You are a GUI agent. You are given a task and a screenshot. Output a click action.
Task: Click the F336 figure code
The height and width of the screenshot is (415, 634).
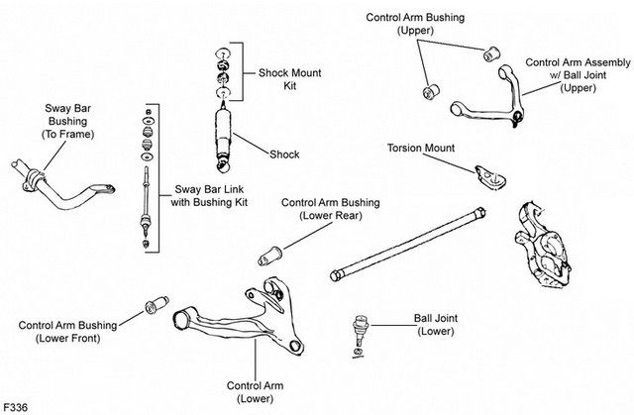[x=16, y=406]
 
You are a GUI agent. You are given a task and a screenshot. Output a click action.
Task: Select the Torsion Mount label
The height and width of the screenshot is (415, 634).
[x=421, y=148]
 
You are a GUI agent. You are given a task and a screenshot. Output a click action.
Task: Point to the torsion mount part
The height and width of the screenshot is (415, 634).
[x=490, y=177]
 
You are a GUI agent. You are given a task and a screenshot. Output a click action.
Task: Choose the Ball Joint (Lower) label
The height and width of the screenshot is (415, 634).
[x=436, y=325]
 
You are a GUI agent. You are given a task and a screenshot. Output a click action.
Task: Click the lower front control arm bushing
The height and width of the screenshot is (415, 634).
[x=157, y=305]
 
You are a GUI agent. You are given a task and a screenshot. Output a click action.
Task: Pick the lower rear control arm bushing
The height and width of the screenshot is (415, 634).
[x=270, y=256]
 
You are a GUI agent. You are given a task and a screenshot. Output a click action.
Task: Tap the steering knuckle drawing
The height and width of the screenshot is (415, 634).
[x=543, y=246]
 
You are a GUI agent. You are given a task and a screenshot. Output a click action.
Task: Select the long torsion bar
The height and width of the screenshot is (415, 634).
[x=408, y=245]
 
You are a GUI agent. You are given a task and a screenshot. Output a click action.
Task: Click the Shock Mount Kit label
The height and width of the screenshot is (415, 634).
[x=289, y=79]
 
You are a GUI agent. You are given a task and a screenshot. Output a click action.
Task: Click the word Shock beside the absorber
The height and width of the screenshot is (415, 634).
[x=284, y=154]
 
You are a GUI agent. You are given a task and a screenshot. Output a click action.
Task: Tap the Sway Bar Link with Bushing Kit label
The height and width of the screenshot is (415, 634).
[x=209, y=195]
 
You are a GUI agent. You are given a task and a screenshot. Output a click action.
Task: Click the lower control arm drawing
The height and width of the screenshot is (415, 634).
[x=240, y=318]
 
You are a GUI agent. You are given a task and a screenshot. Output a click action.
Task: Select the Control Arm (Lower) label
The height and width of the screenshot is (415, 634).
[x=256, y=392]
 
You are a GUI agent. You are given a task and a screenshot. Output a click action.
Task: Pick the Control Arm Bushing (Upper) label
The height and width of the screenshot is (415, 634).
[x=415, y=24]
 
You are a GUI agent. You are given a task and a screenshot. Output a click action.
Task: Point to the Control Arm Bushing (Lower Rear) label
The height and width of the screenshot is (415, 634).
[x=330, y=209]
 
